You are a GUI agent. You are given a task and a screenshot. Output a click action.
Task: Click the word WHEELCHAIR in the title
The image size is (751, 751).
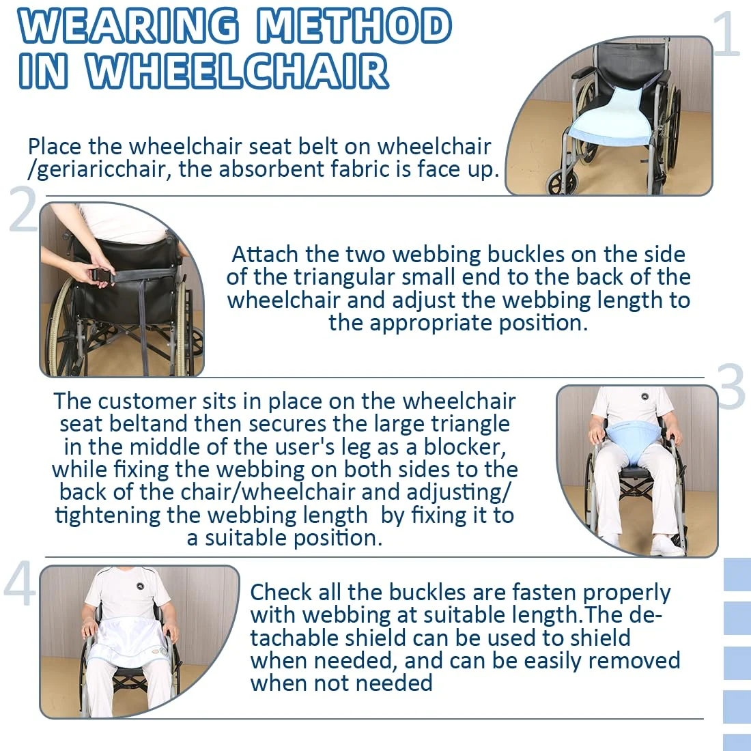point(237,72)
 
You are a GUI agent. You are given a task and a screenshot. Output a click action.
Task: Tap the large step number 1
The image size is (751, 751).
point(726,34)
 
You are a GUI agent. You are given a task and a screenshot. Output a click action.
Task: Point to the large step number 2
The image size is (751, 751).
point(23,210)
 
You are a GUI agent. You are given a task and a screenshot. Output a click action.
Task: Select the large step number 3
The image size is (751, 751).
point(731,386)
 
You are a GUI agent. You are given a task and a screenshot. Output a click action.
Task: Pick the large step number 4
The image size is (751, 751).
point(20,584)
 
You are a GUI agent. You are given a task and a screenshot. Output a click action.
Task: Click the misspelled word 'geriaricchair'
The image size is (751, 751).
point(100,170)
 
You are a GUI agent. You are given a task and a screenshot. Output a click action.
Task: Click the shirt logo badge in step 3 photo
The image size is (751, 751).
point(644,396)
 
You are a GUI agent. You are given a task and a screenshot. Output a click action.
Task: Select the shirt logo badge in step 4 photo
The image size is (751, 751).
point(140,585)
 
